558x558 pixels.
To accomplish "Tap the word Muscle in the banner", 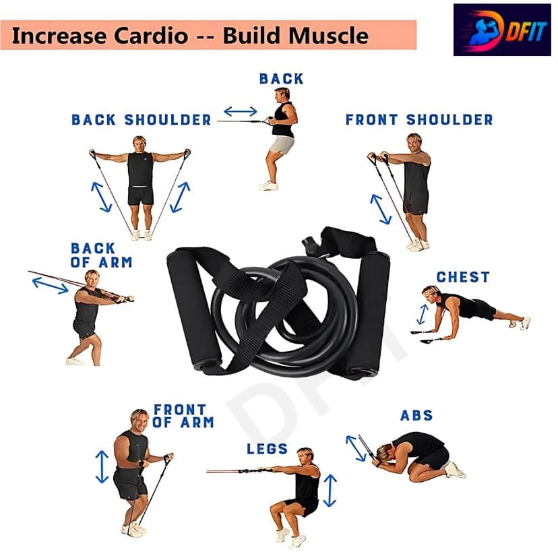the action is [x=327, y=36].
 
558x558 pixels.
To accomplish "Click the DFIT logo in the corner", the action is [x=502, y=30].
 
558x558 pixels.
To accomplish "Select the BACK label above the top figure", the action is [x=281, y=79].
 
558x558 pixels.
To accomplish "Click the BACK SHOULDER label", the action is [x=142, y=119].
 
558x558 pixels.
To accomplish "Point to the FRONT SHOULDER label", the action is [x=419, y=119].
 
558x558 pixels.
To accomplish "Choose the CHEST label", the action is [x=463, y=277].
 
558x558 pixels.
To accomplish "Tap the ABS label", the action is [x=416, y=415].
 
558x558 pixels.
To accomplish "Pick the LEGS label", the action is [x=268, y=449].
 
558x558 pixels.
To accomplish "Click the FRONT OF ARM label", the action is [x=183, y=416].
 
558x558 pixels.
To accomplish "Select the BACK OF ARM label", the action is [x=101, y=255].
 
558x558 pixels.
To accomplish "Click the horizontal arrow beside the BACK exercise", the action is [x=241, y=111].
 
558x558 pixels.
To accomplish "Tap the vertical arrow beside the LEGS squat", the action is [x=330, y=491].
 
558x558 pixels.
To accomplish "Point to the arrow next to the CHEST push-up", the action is [x=423, y=314].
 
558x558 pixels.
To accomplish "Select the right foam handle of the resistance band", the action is [x=369, y=314].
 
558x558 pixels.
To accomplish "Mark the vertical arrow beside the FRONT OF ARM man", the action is [x=102, y=466].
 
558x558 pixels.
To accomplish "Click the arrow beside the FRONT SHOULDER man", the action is [x=380, y=209].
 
